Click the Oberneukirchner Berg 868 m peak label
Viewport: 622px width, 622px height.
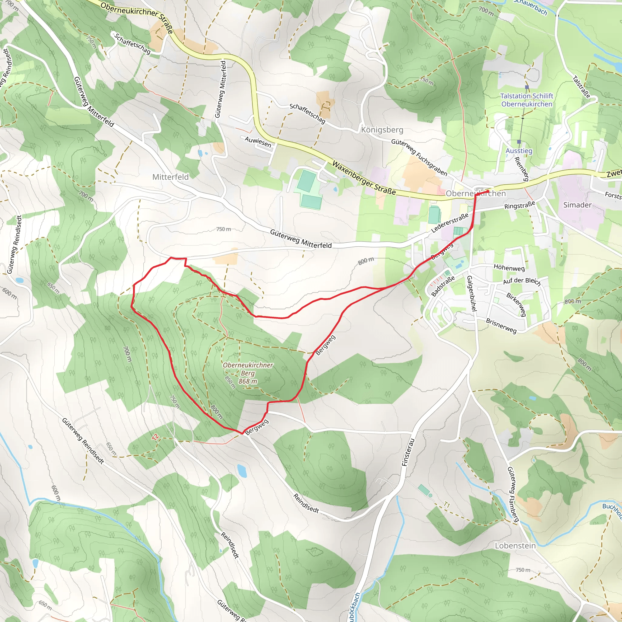[248, 373]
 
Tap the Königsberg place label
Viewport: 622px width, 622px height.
[382, 130]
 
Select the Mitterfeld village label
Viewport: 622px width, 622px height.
[170, 177]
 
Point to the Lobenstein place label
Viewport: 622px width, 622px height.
[515, 545]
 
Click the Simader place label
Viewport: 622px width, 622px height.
[577, 205]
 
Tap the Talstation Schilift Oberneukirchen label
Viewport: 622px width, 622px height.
[526, 100]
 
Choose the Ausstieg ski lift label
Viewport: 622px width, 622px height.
[519, 151]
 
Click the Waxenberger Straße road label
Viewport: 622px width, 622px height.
[364, 178]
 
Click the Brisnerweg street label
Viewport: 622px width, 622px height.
[501, 326]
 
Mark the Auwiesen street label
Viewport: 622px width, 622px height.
[258, 142]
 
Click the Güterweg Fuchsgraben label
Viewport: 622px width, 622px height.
[419, 157]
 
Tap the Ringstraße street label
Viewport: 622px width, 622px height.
[519, 205]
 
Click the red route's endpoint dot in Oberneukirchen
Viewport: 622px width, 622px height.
[488, 191]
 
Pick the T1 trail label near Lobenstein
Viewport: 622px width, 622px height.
[446, 505]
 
